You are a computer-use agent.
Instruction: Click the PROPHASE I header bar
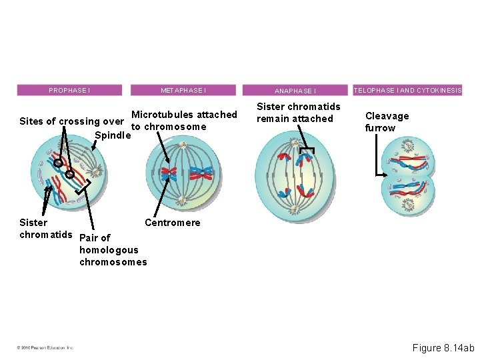pyautogui.click(x=69, y=90)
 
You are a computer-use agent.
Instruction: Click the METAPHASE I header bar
pyautogui.click(x=183, y=90)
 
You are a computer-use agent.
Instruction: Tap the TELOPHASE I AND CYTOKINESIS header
pyautogui.click(x=408, y=90)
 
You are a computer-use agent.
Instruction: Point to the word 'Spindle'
pyautogui.click(x=111, y=135)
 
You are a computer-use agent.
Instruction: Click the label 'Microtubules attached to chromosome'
pyautogui.click(x=183, y=121)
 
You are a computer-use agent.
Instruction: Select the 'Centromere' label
pyautogui.click(x=172, y=223)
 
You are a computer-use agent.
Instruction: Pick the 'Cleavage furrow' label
pyautogui.click(x=387, y=122)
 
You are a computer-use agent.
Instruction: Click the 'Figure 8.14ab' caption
pyautogui.click(x=443, y=348)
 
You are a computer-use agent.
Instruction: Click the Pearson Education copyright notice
pyautogui.click(x=45, y=347)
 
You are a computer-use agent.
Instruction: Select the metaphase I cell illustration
pyautogui.click(x=183, y=175)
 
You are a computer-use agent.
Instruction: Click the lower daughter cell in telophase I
pyautogui.click(x=408, y=194)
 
